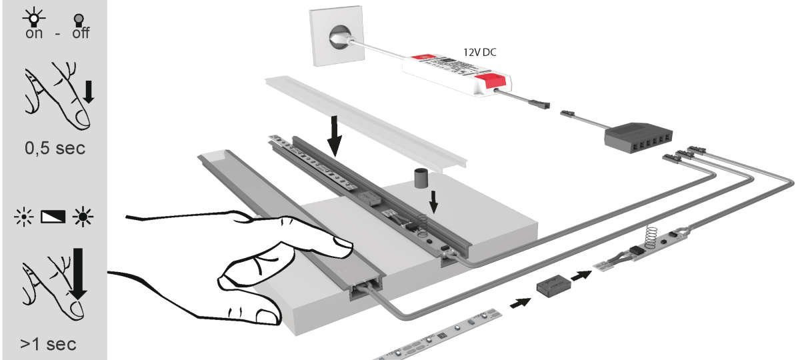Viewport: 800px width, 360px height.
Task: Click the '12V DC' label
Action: point(484,50)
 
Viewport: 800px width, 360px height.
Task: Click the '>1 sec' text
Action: point(48,345)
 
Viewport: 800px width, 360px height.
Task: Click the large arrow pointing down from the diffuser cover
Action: point(336,137)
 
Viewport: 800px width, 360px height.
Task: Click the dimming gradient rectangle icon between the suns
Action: point(54,217)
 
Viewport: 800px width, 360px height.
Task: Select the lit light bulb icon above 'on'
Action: point(33,16)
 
